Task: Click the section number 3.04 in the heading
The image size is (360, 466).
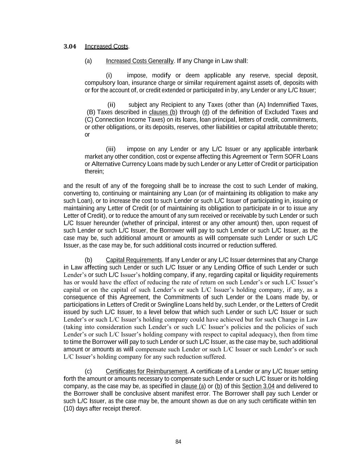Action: (x=70, y=46)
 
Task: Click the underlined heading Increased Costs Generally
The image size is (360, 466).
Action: (x=140, y=61)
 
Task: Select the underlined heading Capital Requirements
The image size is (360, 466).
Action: (x=134, y=260)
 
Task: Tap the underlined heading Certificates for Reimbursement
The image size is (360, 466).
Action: (x=146, y=371)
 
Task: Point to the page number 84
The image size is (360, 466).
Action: (x=178, y=442)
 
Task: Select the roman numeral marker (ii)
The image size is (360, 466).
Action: (x=112, y=105)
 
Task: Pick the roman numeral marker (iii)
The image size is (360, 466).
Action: (x=111, y=149)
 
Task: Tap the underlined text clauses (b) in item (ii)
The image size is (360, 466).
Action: (x=163, y=112)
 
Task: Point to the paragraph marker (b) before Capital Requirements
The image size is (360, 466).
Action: (x=88, y=260)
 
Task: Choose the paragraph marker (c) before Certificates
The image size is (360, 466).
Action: (x=88, y=371)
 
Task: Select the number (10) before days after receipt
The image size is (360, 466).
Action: (x=69, y=409)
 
